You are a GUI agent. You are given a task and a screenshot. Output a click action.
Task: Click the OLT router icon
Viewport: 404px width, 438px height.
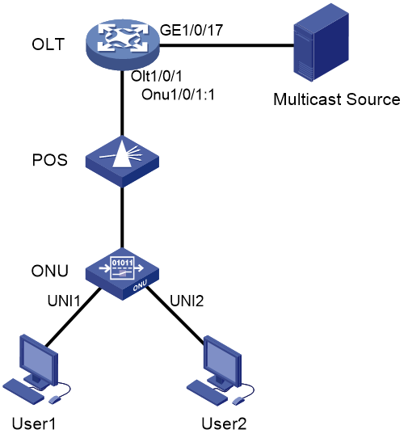pos(123,44)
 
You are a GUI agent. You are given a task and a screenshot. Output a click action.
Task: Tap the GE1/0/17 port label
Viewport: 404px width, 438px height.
pos(191,30)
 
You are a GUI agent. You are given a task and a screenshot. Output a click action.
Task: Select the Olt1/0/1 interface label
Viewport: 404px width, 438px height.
pos(157,76)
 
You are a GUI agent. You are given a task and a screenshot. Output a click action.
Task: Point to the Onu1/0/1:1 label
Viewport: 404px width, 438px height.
pos(178,95)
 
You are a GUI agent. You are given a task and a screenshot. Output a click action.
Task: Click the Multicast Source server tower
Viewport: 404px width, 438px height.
pos(321,43)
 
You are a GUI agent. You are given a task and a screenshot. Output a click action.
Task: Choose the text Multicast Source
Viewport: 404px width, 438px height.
pos(337,99)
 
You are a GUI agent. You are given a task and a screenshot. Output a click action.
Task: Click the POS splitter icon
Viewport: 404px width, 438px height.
pos(122,162)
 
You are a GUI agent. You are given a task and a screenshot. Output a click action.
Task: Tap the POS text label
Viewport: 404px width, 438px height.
pos(50,160)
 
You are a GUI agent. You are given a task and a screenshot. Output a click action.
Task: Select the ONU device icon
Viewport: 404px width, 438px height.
pos(122,274)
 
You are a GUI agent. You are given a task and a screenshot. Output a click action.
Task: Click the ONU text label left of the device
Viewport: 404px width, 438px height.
pos(50,271)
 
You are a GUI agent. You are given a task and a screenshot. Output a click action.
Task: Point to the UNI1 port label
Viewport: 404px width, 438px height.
pos(64,301)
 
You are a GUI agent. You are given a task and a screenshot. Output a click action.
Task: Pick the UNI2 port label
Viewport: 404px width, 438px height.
pos(187,301)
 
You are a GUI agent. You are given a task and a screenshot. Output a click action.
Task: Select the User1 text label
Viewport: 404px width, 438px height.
pos(34,423)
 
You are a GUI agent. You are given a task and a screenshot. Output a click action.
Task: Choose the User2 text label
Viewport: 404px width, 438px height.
pos(224,423)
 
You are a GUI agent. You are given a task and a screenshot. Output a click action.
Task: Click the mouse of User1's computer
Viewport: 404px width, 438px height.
pos(55,399)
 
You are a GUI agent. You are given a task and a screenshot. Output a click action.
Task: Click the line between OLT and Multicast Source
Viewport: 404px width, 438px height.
pos(226,44)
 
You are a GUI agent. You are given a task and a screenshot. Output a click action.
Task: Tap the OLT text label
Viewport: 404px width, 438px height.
pos(48,44)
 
